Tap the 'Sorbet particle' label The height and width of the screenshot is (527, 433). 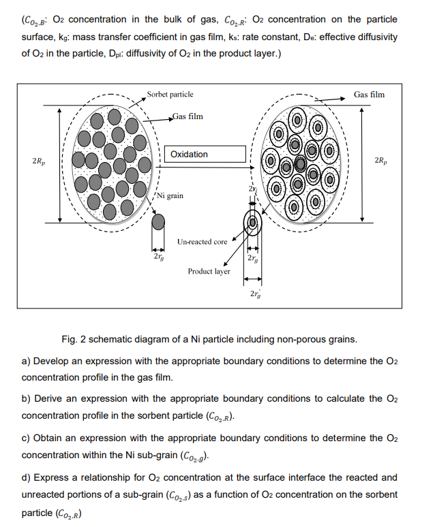click(170, 94)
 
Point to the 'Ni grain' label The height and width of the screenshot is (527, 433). click(170, 195)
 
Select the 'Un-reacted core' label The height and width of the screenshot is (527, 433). click(202, 242)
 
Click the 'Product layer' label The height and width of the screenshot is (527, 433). click(209, 271)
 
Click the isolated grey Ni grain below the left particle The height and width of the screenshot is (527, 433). click(158, 223)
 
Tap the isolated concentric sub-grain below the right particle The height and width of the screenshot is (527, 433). click(253, 223)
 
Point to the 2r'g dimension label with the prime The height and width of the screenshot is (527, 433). click(254, 294)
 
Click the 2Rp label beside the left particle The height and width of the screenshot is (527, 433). click(40, 161)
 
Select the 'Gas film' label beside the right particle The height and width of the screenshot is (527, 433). click(369, 95)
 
